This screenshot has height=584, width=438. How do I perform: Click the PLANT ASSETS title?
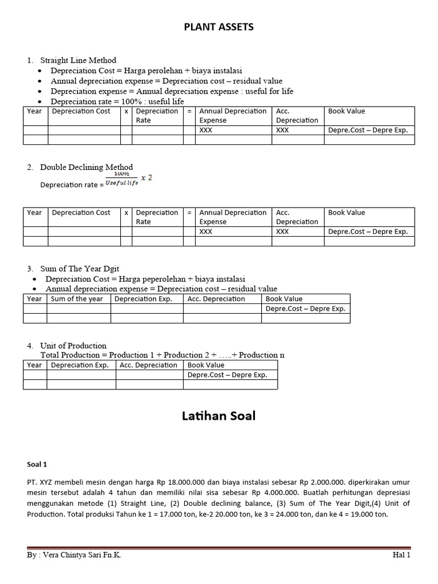pyautogui.click(x=218, y=27)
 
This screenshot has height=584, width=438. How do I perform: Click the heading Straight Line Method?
pyautogui.click(x=78, y=60)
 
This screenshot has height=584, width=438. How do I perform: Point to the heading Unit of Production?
pyautogui.click(x=73, y=346)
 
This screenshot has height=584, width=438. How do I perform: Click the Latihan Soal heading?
pyautogui.click(x=218, y=416)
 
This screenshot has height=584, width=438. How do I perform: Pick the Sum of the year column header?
pyautogui.click(x=77, y=299)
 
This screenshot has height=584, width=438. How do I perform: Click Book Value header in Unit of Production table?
pyautogui.click(x=206, y=365)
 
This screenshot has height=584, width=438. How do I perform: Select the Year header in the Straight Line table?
pyautogui.click(x=34, y=111)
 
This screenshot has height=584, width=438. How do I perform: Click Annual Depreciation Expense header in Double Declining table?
pyautogui.click(x=233, y=217)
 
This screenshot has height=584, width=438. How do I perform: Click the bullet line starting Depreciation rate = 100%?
pyautogui.click(x=117, y=102)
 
